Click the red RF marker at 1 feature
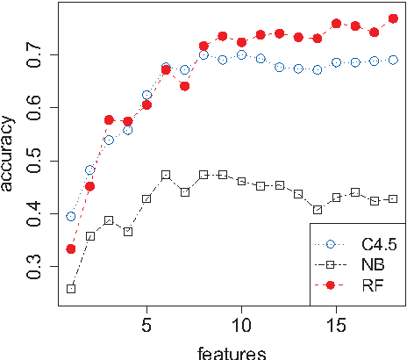71,248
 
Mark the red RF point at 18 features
393,18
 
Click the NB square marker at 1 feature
71,288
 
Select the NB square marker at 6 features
166,175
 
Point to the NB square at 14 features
318,210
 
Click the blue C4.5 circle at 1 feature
71,216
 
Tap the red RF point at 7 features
184,86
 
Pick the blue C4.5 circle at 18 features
393,60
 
